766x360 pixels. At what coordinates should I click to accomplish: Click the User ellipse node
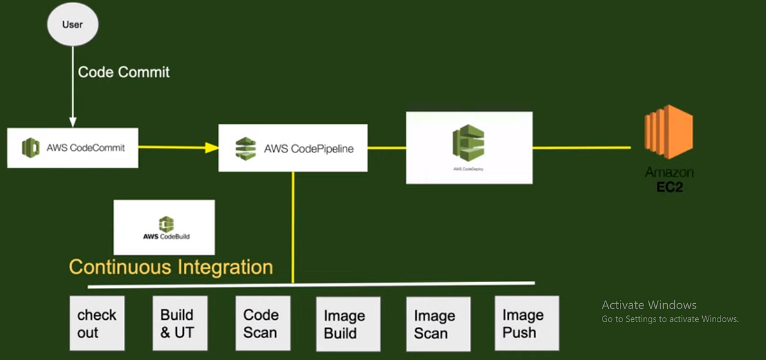point(72,25)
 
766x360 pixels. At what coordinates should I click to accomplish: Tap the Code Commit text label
point(124,72)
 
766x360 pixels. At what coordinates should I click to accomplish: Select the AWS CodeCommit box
point(73,148)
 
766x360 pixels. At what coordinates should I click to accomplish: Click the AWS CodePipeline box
point(292,149)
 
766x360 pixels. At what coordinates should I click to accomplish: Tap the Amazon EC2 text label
point(669,180)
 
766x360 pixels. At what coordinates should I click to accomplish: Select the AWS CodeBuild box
point(164,227)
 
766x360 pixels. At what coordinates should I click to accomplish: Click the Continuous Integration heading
point(170,267)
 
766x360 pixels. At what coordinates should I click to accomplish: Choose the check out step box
point(96,323)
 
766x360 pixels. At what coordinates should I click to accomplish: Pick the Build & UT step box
point(179,323)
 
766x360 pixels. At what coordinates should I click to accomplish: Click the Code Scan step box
point(262,323)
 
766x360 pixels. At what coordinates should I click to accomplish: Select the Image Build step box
point(348,324)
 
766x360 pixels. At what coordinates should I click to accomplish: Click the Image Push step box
point(526,323)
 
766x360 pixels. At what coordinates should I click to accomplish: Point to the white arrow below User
point(72,89)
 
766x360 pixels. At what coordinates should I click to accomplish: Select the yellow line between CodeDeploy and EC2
point(581,147)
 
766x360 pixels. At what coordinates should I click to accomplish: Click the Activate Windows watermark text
point(649,305)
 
